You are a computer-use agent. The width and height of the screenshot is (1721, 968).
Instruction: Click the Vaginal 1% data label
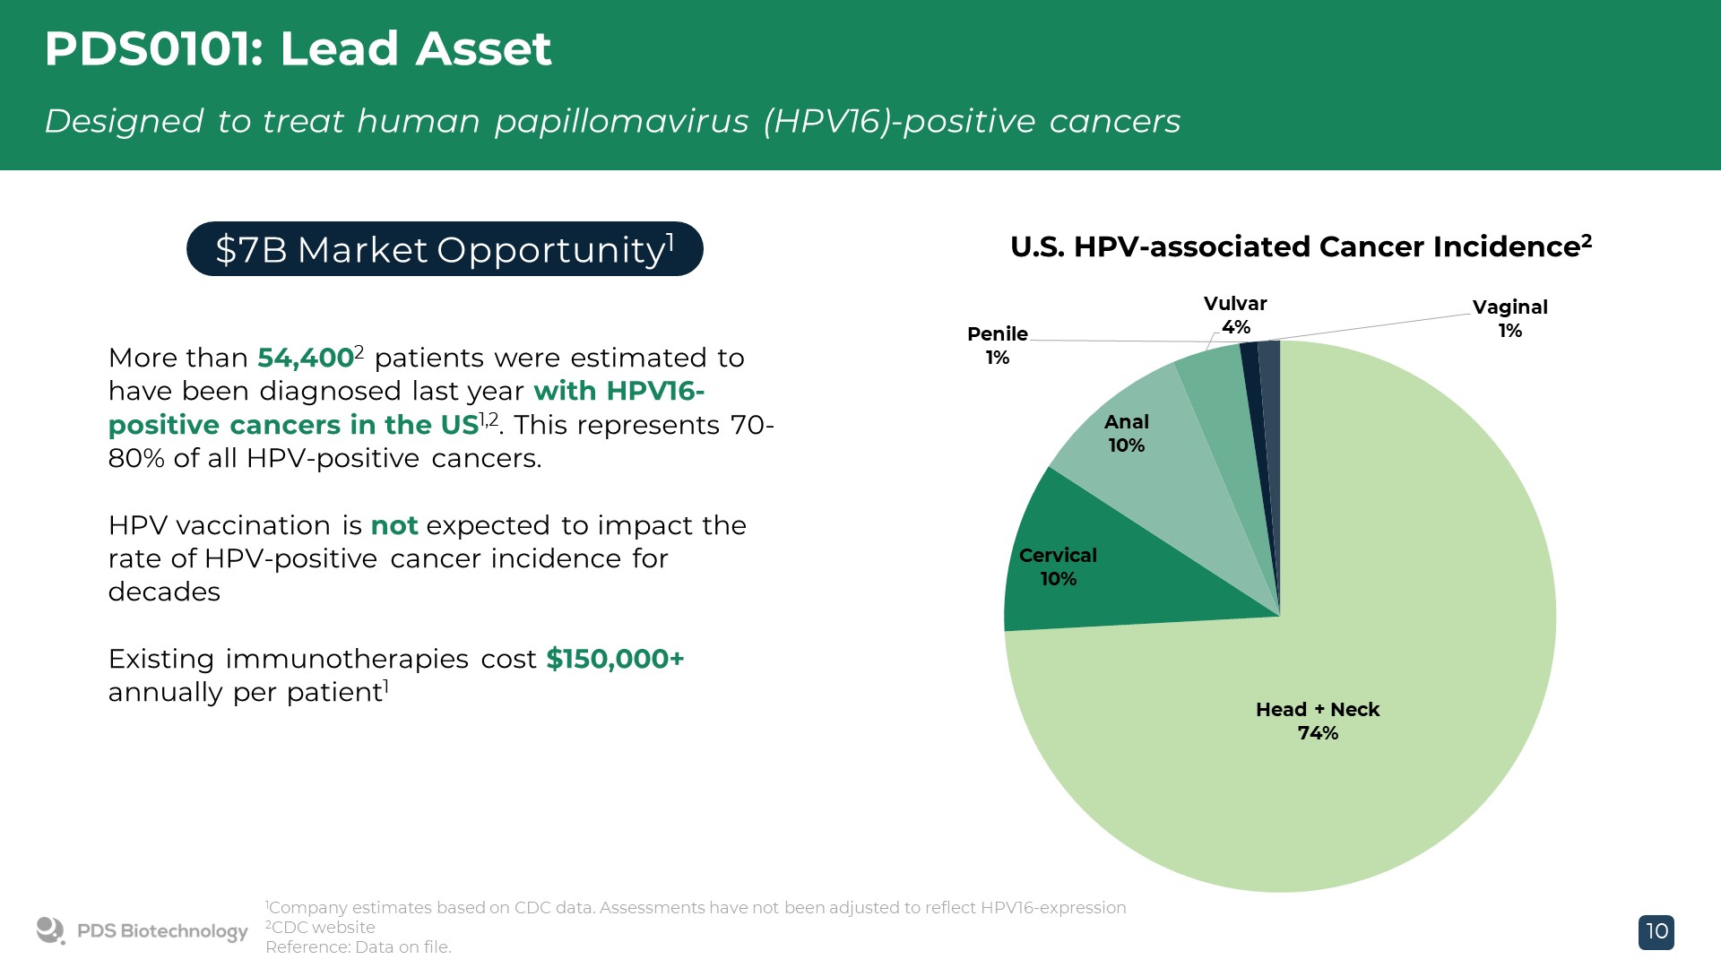tap(1509, 318)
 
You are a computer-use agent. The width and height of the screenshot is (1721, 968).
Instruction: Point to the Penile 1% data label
tap(997, 345)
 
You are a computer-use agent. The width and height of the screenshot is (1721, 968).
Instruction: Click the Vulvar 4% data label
tap(1235, 315)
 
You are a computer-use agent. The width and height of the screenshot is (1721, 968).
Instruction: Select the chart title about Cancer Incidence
tap(1301, 246)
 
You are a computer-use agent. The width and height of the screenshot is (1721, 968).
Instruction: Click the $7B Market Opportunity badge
tap(445, 249)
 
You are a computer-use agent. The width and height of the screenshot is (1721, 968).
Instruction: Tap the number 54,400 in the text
tap(305, 358)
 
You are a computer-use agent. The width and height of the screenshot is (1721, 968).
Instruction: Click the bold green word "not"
tap(394, 525)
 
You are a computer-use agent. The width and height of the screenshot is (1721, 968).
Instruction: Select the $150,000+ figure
tap(615, 659)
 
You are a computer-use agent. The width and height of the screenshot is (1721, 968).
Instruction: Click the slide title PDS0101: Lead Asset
tap(298, 48)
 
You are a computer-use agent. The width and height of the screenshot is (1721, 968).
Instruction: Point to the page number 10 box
tap(1656, 931)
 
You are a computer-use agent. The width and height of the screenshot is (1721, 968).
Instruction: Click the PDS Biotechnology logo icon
tap(50, 930)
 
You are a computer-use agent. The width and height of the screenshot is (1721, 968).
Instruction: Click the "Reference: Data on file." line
tap(359, 947)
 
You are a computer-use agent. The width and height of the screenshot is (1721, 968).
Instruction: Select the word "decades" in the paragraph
tap(164, 592)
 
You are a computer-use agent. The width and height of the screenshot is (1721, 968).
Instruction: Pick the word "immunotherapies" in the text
tap(346, 659)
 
